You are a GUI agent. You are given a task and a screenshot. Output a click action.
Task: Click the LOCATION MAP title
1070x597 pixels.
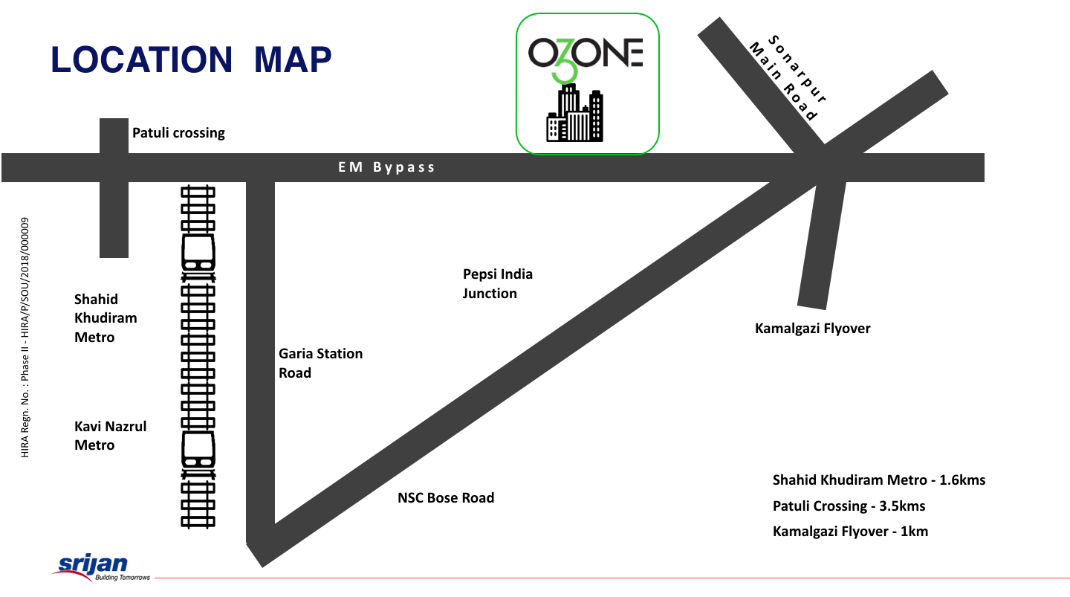pyautogui.click(x=191, y=59)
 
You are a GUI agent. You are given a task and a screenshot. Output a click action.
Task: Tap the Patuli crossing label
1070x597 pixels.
pyautogui.click(x=178, y=133)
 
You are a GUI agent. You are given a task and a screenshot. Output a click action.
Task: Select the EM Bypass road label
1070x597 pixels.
pyautogui.click(x=386, y=167)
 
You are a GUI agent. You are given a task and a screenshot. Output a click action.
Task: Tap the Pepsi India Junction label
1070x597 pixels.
pyautogui.click(x=497, y=283)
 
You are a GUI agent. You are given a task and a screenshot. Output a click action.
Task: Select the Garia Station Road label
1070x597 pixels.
pyautogui.click(x=320, y=363)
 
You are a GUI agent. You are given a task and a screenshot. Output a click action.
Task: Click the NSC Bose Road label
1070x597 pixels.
pyautogui.click(x=446, y=497)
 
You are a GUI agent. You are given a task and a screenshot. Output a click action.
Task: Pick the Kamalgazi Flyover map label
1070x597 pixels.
pyautogui.click(x=812, y=328)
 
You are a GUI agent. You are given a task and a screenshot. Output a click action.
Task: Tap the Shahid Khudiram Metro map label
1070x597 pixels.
pyautogui.click(x=106, y=318)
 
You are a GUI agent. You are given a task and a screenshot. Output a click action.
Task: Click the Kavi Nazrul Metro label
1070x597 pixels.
pyautogui.click(x=110, y=436)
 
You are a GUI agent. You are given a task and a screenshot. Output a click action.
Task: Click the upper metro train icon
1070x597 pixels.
pyautogui.click(x=198, y=253)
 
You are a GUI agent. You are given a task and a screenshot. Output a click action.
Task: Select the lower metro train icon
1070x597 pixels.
pyautogui.click(x=198, y=450)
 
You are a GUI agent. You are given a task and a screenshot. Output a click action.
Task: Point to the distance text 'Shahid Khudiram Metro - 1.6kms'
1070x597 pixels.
pyautogui.click(x=879, y=480)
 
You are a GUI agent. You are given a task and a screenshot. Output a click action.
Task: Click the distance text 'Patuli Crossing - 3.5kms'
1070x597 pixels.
pyautogui.click(x=849, y=506)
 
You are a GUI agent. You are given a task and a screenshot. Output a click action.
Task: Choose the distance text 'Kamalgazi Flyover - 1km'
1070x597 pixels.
pyautogui.click(x=850, y=531)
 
